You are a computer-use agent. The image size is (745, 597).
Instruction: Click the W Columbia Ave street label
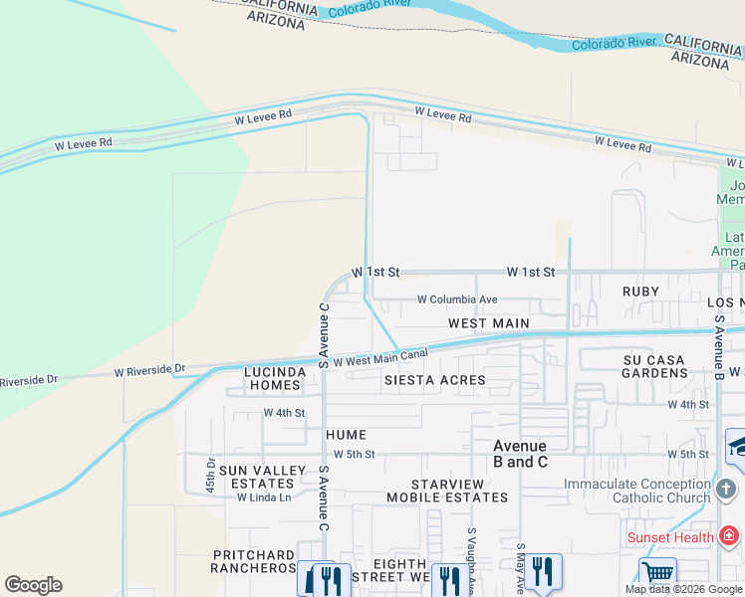tap(456, 299)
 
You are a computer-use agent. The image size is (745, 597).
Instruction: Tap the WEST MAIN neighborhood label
tap(488, 323)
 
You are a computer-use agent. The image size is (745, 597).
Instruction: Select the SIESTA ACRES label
tap(435, 380)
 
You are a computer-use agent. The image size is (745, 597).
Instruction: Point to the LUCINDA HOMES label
tap(273, 378)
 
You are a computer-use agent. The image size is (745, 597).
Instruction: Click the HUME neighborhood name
tap(345, 435)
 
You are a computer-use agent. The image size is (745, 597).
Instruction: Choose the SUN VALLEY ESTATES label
tap(255, 477)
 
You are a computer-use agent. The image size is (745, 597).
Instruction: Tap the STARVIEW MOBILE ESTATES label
tap(446, 490)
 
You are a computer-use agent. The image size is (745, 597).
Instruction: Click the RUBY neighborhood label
tap(640, 292)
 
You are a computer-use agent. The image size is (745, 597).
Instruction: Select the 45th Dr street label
tap(211, 476)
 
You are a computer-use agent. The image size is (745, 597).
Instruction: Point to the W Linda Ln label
tap(256, 497)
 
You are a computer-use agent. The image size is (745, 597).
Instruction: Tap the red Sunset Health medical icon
tap(729, 537)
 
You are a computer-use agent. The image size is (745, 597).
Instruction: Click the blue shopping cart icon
tap(657, 573)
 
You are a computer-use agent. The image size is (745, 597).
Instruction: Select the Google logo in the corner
tap(33, 585)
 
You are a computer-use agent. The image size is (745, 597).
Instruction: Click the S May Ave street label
tap(520, 572)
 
